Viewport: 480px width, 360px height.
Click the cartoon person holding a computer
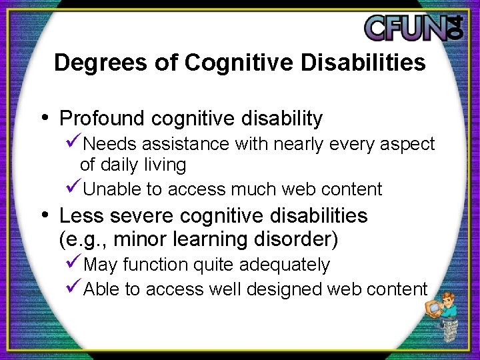(443, 317)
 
